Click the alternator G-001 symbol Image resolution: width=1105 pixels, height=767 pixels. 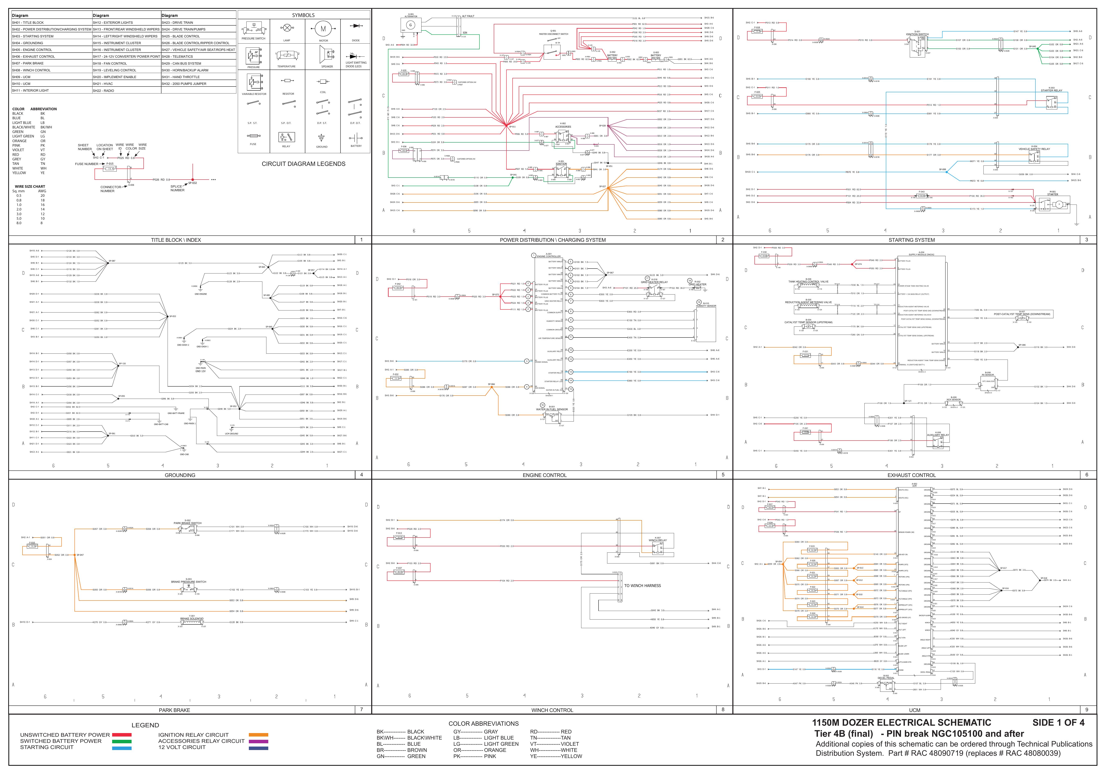click(x=410, y=25)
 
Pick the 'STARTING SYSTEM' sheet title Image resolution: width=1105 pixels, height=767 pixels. click(x=911, y=240)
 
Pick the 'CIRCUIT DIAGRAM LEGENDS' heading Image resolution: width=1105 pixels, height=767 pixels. click(x=303, y=164)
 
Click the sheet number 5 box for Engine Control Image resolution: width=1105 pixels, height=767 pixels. click(x=723, y=475)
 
